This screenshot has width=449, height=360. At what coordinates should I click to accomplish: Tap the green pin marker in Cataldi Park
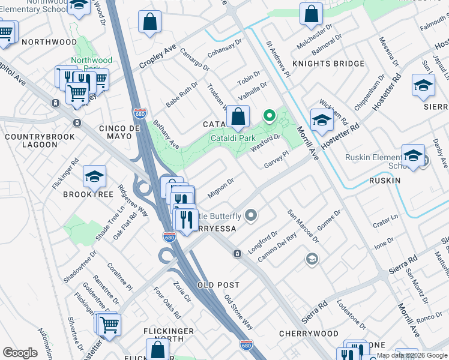270,114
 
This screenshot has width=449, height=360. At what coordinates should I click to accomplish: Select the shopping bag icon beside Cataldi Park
238,117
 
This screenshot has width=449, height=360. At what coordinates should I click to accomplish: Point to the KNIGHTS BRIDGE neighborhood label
328,64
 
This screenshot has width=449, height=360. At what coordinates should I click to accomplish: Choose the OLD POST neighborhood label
218,285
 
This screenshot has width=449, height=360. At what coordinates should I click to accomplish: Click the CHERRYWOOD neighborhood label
309,333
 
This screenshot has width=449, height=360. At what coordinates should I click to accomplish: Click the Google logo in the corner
20,353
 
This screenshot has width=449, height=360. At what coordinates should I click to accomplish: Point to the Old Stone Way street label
238,312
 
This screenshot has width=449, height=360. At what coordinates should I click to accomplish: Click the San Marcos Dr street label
303,226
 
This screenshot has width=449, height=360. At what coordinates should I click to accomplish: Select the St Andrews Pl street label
278,59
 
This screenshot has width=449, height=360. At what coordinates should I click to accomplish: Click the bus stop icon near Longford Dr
238,253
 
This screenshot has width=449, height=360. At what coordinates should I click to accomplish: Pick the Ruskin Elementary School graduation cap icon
413,155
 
